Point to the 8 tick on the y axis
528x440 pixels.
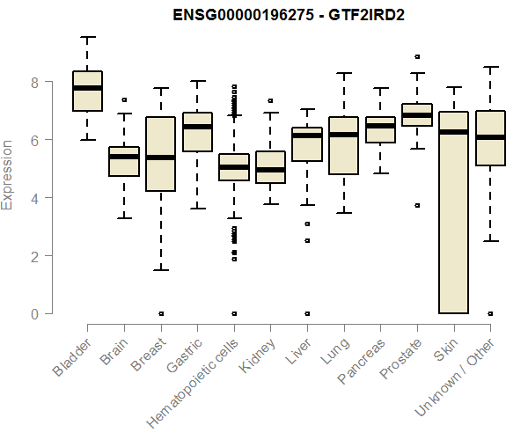pos(35,82)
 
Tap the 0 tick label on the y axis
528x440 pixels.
pos(35,313)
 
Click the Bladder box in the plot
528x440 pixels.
pos(87,91)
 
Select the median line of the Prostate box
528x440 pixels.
pos(416,115)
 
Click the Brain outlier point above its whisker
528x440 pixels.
pos(124,100)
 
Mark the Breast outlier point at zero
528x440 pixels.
pos(160,313)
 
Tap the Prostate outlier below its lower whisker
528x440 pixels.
pos(416,205)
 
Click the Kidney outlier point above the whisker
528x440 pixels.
pos(270,100)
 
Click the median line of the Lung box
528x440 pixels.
pos(343,135)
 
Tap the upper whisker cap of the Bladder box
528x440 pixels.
pos(87,37)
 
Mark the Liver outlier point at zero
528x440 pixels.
pos(306,313)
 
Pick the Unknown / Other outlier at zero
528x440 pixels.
pos(489,313)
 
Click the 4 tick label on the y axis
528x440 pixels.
pos(35,197)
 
